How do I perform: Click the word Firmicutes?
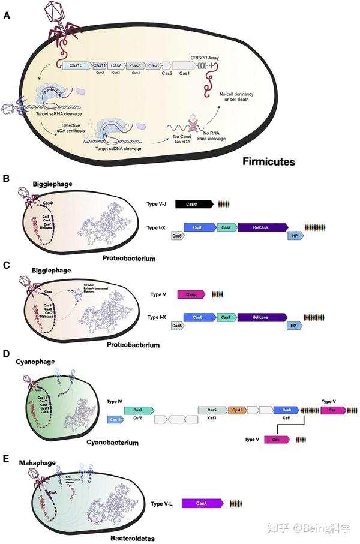pyautogui.click(x=272, y=161)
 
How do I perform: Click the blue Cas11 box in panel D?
pyautogui.click(x=116, y=420)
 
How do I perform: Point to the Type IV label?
pyautogui.click(x=115, y=401)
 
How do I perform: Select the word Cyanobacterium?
pyautogui.click(x=113, y=443)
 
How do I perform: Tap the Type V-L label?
pyautogui.click(x=162, y=504)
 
